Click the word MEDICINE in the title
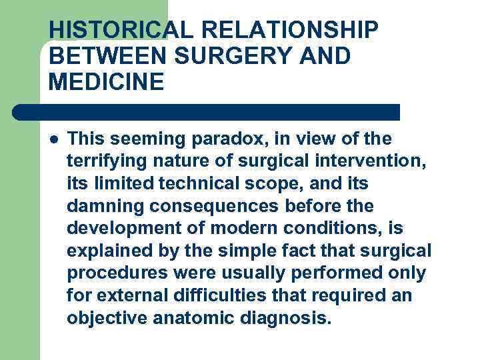(x=106, y=83)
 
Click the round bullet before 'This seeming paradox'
(x=53, y=139)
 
